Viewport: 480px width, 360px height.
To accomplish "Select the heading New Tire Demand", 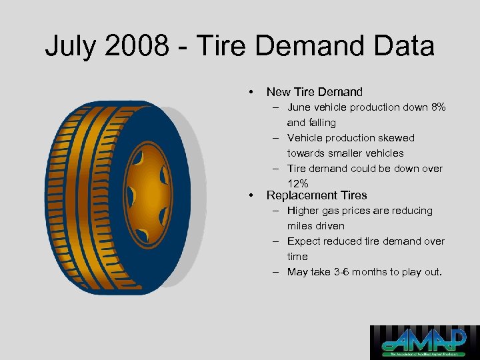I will point(314,92).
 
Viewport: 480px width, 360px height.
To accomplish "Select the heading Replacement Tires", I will point(316,195).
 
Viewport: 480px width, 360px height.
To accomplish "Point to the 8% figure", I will point(438,107).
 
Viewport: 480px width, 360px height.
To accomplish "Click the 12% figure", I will point(297,184).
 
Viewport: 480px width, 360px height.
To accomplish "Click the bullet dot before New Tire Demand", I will point(250,92).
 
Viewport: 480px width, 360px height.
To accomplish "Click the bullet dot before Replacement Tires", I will point(250,195).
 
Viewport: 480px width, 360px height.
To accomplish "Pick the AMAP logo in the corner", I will point(424,342).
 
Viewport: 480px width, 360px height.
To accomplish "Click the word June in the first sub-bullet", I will point(299,107).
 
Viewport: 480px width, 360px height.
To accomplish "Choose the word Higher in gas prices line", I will point(303,211).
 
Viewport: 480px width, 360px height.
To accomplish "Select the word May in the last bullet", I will point(297,272).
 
